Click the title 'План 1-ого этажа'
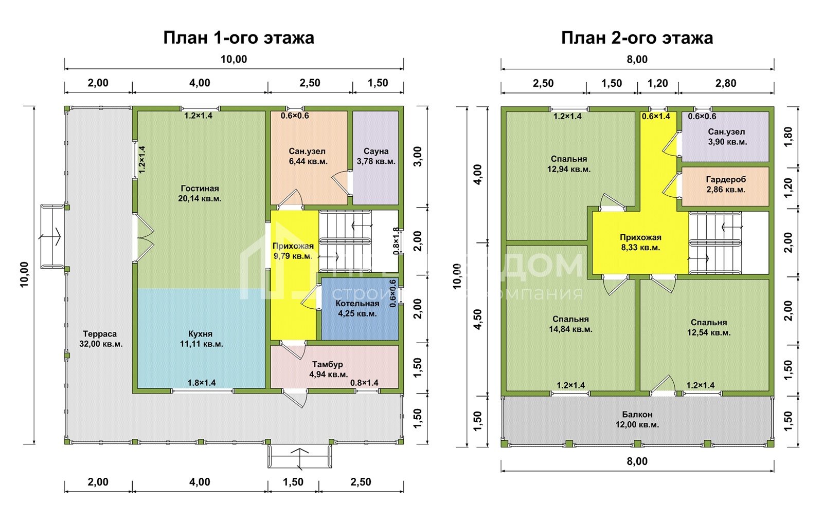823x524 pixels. [x=238, y=38]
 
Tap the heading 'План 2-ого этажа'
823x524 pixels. [x=637, y=38]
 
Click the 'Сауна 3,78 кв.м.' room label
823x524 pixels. [x=376, y=156]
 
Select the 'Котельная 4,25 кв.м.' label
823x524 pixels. [x=357, y=308]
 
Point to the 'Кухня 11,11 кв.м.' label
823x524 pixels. [x=201, y=339]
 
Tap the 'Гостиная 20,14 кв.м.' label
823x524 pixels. [x=200, y=193]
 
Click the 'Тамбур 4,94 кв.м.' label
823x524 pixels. [x=328, y=369]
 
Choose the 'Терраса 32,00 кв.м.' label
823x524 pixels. [x=100, y=339]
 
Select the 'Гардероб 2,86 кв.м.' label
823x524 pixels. [x=726, y=184]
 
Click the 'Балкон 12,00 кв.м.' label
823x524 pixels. [x=637, y=419]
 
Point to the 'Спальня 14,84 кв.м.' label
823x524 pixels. [x=570, y=324]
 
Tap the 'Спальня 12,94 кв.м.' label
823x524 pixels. [x=569, y=164]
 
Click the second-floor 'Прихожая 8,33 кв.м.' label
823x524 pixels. [x=640, y=242]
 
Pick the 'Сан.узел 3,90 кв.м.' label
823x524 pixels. [x=726, y=137]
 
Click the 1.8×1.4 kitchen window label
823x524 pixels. [x=202, y=383]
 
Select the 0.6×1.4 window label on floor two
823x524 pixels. [x=656, y=117]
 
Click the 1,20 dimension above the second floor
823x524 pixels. [x=658, y=83]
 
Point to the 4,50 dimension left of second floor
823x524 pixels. [x=478, y=319]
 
